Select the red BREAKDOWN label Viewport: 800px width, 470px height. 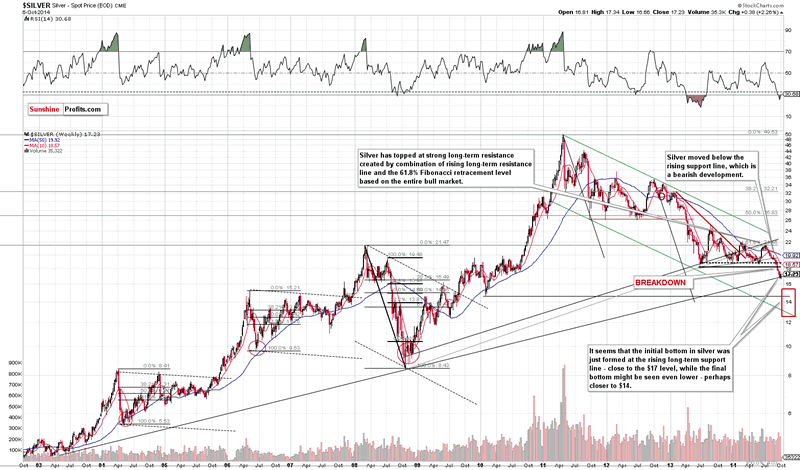click(661, 283)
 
